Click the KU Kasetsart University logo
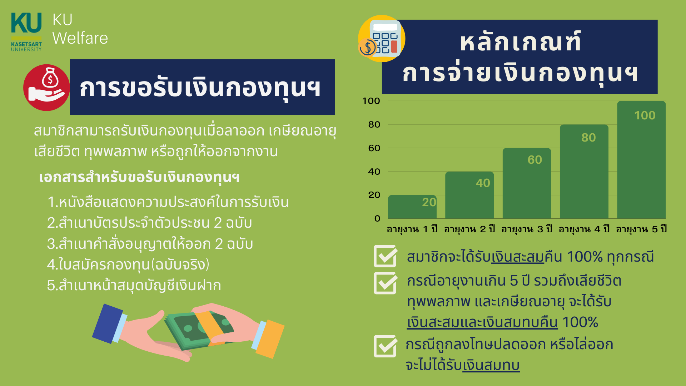point(26,32)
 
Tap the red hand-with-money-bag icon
point(46,88)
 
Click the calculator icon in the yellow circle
point(382,39)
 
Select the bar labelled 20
point(412,207)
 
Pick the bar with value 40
point(469,195)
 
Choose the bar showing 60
point(527,183)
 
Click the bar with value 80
point(584,172)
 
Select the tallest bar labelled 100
point(641,160)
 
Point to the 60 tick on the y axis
point(374,148)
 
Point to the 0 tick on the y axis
point(377,218)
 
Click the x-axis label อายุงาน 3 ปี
point(527,229)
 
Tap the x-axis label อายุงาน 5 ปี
point(641,229)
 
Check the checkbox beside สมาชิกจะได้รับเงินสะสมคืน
point(385,256)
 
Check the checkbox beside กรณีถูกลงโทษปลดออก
point(385,346)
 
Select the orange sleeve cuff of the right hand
point(270,339)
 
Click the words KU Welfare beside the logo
point(80,29)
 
